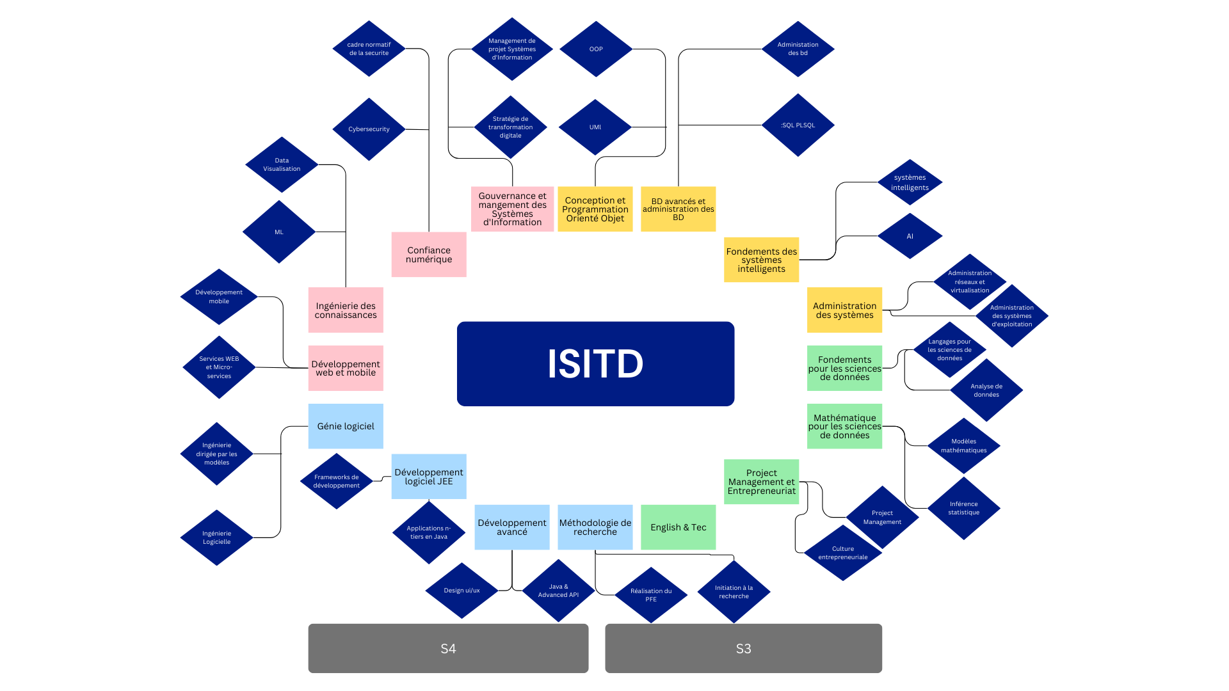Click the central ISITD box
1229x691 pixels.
(x=595, y=363)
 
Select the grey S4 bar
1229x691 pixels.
(x=448, y=648)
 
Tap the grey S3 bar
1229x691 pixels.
(x=743, y=648)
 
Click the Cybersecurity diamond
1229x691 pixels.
(x=369, y=129)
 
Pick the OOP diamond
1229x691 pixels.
(x=596, y=49)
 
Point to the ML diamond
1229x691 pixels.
(x=279, y=232)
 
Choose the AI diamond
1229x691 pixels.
(x=910, y=236)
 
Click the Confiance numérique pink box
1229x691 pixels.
(x=429, y=255)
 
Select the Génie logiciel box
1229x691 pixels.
(x=346, y=426)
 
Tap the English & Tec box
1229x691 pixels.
(x=678, y=527)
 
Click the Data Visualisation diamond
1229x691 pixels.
(x=282, y=164)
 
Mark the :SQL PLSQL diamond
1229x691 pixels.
(x=798, y=125)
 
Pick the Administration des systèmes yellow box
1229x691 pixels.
(x=844, y=310)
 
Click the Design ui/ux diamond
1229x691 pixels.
(x=462, y=591)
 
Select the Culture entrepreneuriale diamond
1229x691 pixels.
(x=842, y=553)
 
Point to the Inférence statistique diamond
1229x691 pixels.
(x=963, y=508)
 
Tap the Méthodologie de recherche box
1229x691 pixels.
(x=595, y=527)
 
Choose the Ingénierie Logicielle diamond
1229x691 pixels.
(x=217, y=537)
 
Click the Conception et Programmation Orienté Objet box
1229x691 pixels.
(x=595, y=209)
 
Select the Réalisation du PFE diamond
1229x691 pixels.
(x=651, y=595)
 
